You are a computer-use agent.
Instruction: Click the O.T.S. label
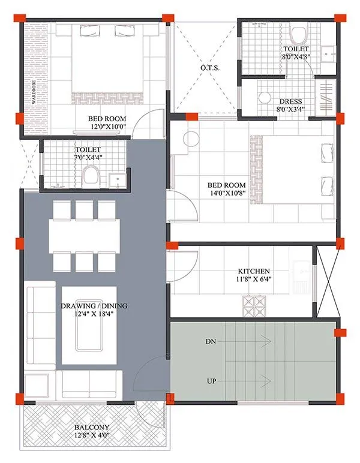point(209,68)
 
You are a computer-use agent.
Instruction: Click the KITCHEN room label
point(253,271)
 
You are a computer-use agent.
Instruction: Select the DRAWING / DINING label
point(93,306)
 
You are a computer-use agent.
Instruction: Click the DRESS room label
point(290,101)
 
